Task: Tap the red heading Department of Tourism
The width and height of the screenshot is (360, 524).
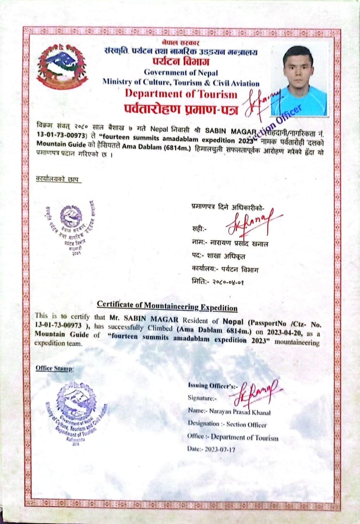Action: coord(181,94)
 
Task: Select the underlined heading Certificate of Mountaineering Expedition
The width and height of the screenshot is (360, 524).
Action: coord(167,305)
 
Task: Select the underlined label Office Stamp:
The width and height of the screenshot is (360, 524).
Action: coord(54,368)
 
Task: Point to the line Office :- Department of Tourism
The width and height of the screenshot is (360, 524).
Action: coord(233,437)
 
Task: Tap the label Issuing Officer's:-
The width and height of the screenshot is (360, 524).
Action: coord(207,385)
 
